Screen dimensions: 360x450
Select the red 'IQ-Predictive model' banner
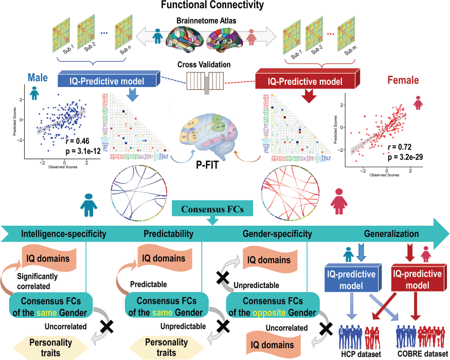306,81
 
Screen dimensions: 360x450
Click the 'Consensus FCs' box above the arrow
211,209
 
